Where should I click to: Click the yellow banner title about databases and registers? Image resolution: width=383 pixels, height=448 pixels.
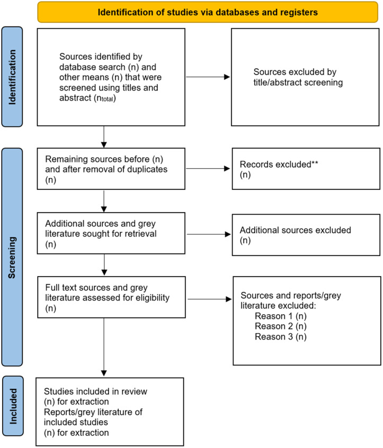pos(208,12)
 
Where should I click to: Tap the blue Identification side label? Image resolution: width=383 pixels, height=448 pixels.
pos(12,77)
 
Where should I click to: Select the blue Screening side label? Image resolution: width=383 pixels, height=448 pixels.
pos(12,258)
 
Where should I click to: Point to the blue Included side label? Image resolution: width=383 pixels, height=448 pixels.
pos(13,406)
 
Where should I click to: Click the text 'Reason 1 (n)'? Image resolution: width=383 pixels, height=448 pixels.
pos(281,316)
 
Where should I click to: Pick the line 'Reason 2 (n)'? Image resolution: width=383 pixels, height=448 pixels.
pos(281,326)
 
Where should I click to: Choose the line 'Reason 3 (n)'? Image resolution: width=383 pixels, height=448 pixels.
pos(281,336)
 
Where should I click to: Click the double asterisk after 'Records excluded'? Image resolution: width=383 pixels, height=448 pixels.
pos(315,163)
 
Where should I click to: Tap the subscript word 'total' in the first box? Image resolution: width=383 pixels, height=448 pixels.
pos(108,99)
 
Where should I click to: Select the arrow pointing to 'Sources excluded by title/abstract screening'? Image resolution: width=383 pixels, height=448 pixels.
pos(208,77)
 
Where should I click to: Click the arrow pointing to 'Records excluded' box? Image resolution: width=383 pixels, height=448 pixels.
pos(208,169)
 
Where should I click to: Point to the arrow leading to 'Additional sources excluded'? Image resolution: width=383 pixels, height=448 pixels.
pos(209,234)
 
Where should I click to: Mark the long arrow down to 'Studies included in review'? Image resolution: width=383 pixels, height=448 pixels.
pos(104,347)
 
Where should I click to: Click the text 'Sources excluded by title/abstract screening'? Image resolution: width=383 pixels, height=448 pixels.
pos(298,77)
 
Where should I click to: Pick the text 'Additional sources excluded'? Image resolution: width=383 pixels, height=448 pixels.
pos(296,230)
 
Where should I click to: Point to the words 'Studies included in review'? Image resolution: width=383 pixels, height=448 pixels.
pos(95,391)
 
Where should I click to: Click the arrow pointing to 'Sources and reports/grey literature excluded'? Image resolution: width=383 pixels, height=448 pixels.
pos(210,299)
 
